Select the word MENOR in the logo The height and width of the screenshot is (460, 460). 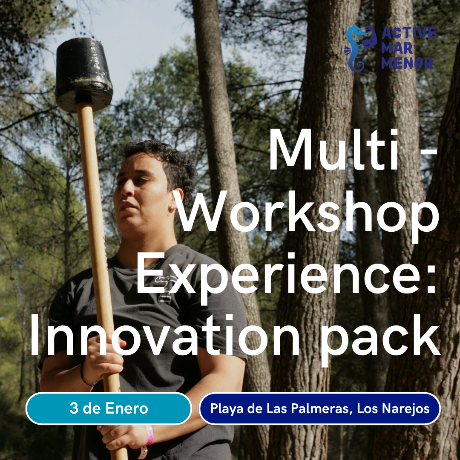pyautogui.click(x=407, y=63)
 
